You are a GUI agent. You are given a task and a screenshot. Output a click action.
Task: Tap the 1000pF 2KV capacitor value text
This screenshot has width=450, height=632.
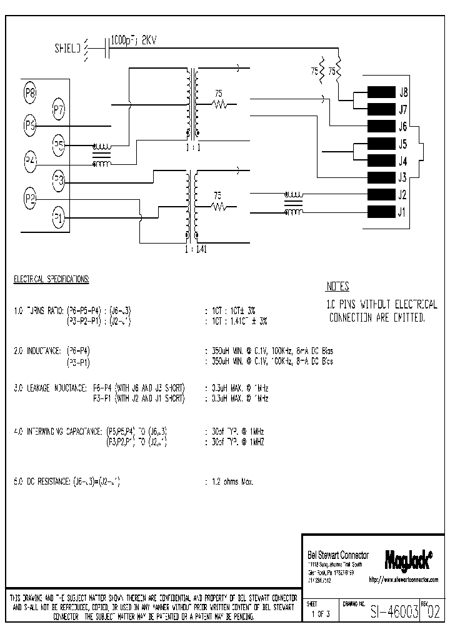(x=133, y=41)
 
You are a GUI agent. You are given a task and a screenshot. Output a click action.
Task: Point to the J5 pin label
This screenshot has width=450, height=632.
(x=403, y=143)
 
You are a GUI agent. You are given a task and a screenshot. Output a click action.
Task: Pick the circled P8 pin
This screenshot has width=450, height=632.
(x=30, y=94)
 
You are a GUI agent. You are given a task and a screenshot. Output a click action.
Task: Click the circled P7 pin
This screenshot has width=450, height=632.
(x=59, y=111)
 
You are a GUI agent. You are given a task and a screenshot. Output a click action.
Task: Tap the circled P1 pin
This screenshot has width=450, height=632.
(x=58, y=218)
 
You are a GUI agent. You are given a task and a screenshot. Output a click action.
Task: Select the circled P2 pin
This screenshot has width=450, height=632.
(x=30, y=199)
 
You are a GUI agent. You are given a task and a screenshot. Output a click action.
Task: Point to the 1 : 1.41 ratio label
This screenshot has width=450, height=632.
(x=196, y=249)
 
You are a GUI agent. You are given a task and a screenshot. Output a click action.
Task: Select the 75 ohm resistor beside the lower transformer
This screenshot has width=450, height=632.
(x=217, y=204)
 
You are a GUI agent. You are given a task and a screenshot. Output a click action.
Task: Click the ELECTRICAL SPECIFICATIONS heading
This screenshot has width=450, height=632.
(x=51, y=279)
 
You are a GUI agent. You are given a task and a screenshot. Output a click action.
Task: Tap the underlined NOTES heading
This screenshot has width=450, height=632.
(x=337, y=287)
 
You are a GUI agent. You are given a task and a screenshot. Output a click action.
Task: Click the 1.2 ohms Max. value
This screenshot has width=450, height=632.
(x=232, y=481)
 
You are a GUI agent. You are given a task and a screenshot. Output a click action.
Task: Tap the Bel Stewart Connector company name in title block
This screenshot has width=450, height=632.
(x=338, y=555)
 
